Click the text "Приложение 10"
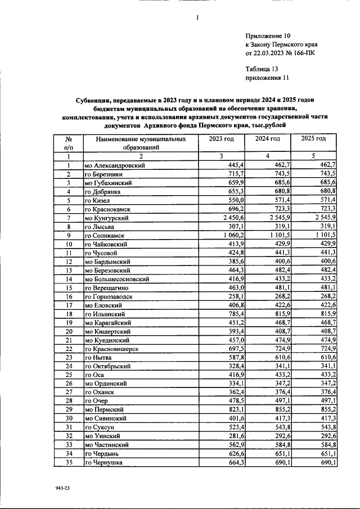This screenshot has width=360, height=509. coord(268,35)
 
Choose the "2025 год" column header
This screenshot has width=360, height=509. coord(313,139)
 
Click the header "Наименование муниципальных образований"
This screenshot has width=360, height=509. coord(140,143)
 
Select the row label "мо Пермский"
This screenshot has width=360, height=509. coord(104,410)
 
